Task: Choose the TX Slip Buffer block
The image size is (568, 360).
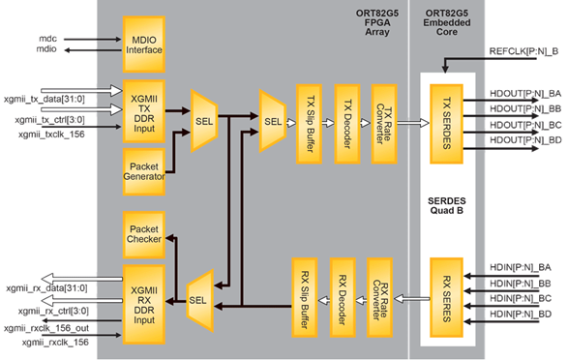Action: (310, 122)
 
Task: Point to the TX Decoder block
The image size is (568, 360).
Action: (346, 122)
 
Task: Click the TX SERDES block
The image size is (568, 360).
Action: (449, 122)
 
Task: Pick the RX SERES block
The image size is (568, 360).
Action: (449, 292)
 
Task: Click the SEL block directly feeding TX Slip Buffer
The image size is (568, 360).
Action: (274, 121)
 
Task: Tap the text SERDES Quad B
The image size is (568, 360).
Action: (449, 206)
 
